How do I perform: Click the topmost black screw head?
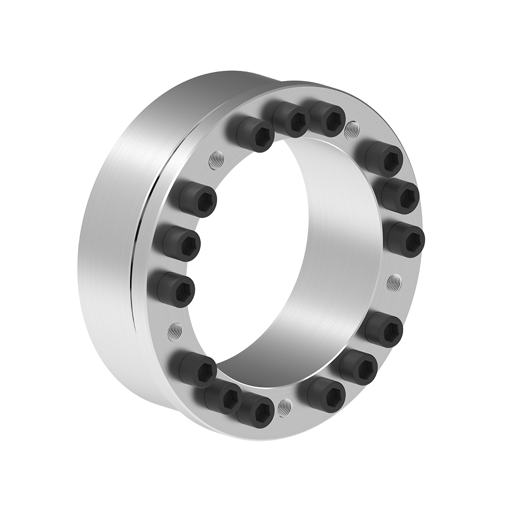(327, 119)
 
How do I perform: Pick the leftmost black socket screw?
(171, 289)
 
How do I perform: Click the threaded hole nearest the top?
(351, 130)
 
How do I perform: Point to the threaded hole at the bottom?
(285, 406)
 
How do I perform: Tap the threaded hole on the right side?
(394, 282)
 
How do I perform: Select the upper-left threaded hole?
(216, 161)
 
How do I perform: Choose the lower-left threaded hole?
(175, 332)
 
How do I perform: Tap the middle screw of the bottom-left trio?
(223, 397)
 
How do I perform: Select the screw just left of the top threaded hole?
(327, 119)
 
